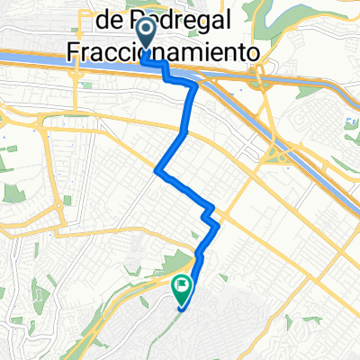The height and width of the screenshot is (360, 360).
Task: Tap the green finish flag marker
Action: (x=181, y=287)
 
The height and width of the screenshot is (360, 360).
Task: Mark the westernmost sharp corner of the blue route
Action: (x=158, y=169)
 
